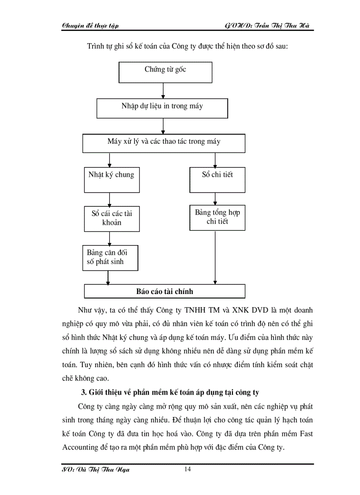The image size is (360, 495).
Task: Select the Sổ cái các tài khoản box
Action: tap(112, 218)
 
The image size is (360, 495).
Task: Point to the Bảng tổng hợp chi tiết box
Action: tap(217, 217)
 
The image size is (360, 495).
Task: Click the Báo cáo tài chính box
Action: tap(164, 291)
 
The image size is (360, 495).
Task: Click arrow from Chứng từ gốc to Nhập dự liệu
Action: tap(164, 91)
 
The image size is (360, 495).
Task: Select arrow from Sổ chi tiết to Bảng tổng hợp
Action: tap(215, 198)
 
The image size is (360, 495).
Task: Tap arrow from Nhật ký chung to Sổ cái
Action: tap(109, 199)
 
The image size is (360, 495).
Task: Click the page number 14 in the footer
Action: tap(187, 469)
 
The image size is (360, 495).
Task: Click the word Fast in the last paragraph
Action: tap(304, 434)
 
